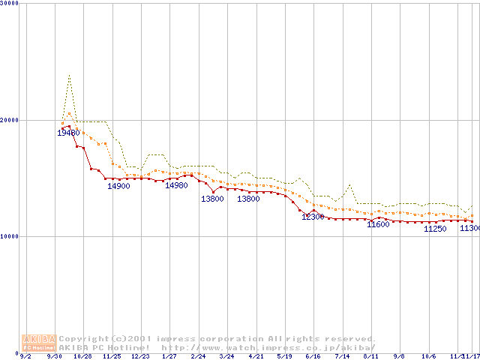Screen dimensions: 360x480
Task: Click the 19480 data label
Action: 68,133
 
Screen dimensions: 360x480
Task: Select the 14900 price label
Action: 118,186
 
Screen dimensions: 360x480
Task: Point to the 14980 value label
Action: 176,185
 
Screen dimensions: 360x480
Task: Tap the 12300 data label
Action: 313,217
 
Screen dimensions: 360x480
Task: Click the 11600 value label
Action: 378,224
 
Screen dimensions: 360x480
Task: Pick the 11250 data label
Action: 435,229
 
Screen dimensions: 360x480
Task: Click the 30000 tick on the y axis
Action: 10,4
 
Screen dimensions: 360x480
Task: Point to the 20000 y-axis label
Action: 10,120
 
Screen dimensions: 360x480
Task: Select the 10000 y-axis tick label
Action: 10,236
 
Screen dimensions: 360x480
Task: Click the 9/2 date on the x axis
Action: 25,356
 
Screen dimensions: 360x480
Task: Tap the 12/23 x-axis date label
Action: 140,356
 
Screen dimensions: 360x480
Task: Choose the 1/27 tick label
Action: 169,356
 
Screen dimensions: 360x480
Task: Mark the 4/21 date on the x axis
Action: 256,356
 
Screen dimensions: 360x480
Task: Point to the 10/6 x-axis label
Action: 429,356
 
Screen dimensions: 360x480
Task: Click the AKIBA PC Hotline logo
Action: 39,343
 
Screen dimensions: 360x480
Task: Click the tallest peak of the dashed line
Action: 70,75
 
